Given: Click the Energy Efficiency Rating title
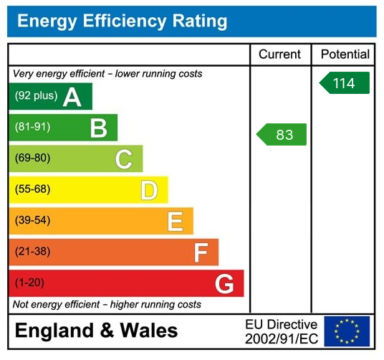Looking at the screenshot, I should tap(122, 21).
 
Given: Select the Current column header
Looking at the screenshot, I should tap(280, 55).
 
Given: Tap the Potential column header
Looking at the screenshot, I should tap(345, 55).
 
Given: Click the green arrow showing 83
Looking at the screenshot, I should tap(282, 135).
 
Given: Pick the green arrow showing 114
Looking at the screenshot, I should tap(345, 83).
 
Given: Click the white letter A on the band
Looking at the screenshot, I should tap(72, 97).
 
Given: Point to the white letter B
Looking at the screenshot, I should tap(98, 128).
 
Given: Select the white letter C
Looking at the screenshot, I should tap(123, 159).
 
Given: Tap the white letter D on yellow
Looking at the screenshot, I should tap(148, 190).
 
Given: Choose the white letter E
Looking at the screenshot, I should tap(175, 222).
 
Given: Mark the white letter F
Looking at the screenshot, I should tap(201, 252).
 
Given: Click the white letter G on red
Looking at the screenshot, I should tap(224, 284).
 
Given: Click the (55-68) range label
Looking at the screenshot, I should tap(33, 190).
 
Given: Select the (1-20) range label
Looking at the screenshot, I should tap(29, 283).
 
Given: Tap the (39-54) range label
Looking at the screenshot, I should tap(33, 221).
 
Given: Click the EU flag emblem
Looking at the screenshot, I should tap(347, 331).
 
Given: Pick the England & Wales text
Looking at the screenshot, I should tap(97, 331).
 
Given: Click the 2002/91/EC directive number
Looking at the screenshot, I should tap(281, 338).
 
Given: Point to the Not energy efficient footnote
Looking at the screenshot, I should tap(107, 305).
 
